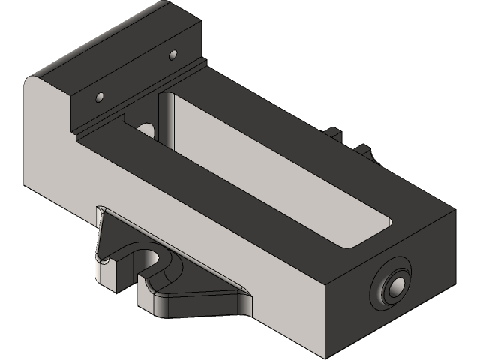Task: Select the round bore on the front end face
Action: (x=393, y=286)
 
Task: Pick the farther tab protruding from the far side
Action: (x=334, y=133)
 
